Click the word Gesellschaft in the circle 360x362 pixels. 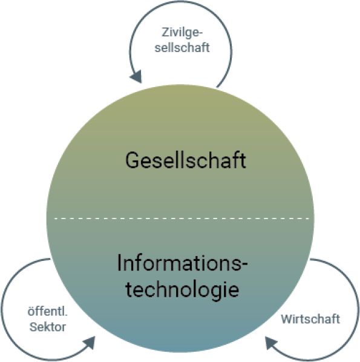pyautogui.click(x=186, y=160)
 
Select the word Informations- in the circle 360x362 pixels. pyautogui.click(x=182, y=263)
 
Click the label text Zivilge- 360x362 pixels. pyautogui.click(x=182, y=32)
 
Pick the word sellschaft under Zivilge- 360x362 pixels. pyautogui.click(x=182, y=47)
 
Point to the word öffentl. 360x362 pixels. pyautogui.click(x=47, y=312)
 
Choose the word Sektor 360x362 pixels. pyautogui.click(x=48, y=327)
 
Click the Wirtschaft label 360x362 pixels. pyautogui.click(x=310, y=319)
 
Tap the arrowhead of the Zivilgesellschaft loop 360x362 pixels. pyautogui.click(x=136, y=76)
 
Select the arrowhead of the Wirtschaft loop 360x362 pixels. pyautogui.click(x=272, y=343)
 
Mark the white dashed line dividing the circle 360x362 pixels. pyautogui.click(x=182, y=218)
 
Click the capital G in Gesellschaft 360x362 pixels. pyautogui.click(x=133, y=160)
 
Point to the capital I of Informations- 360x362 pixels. pyautogui.click(x=119, y=263)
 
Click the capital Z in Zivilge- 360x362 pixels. pyautogui.click(x=165, y=32)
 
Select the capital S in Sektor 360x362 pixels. pyautogui.click(x=33, y=327)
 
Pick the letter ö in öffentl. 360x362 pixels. pyautogui.click(x=31, y=312)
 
